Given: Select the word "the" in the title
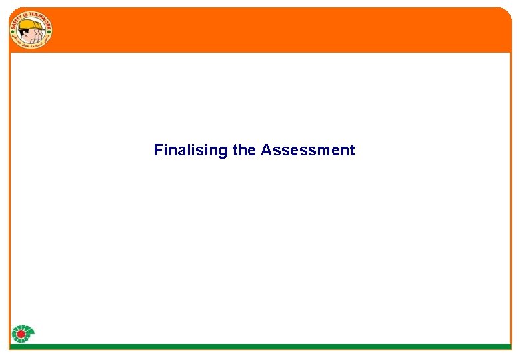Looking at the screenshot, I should (244, 150).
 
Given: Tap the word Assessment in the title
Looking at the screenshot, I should (308, 150).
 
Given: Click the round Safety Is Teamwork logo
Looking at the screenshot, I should (31, 31).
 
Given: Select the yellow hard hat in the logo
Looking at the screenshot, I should (28, 26).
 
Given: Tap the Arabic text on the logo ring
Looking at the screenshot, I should (31, 47).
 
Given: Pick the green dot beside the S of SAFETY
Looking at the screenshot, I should (11, 37).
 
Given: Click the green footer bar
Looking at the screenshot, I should (267, 347).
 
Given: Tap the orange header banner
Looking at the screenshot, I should (280, 30).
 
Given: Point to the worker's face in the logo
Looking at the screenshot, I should (30, 34).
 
